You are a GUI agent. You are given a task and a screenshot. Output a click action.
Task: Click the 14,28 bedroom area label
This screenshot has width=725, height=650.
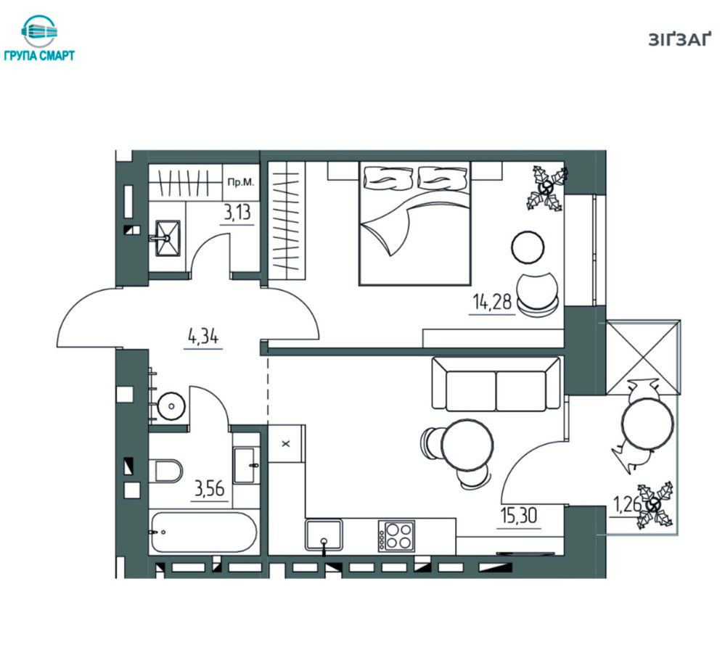tap(492, 302)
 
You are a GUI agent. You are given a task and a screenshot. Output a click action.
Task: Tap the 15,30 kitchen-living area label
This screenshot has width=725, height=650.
tap(519, 515)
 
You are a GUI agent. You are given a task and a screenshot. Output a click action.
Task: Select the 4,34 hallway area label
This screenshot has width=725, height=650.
tap(203, 337)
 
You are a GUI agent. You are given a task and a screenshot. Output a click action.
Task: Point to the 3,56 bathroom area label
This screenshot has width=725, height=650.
tap(210, 488)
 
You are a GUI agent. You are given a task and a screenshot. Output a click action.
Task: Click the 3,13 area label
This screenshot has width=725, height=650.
tap(237, 213)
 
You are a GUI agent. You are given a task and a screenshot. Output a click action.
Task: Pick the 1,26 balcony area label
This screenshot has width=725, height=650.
tap(626, 504)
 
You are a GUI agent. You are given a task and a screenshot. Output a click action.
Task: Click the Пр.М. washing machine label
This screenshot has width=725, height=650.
tap(240, 182)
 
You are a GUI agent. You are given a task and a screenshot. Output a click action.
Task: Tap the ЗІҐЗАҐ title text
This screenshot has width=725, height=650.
tap(679, 40)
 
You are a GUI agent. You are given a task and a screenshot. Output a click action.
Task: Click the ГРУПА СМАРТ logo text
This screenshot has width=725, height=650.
tap(39, 56)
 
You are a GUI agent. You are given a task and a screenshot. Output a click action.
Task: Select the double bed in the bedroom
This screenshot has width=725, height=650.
tap(414, 223)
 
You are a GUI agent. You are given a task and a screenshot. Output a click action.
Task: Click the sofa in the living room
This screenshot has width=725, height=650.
tap(496, 383)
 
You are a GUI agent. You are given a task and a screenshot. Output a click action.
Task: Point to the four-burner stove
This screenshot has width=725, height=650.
tap(396, 535)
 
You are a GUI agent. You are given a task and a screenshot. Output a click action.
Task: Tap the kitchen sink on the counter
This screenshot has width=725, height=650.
tap(324, 535)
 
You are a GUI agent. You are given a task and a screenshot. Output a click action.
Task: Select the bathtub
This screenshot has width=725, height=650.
tap(203, 532)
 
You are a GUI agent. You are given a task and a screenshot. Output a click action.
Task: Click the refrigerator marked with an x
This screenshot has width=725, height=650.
tap(286, 444)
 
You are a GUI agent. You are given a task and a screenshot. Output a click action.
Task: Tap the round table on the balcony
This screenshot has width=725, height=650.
tap(647, 423)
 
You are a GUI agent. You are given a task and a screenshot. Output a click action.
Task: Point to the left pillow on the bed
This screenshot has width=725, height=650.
tap(388, 178)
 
